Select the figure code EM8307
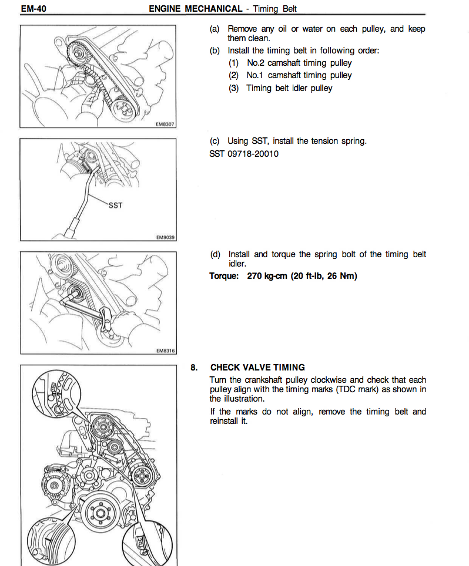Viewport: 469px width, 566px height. [166, 125]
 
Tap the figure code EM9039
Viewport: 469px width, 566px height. [166, 237]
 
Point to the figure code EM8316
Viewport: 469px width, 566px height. [166, 351]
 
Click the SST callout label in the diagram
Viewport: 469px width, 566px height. [115, 205]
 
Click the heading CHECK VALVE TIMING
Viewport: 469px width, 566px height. [257, 368]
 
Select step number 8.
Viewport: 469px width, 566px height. [193, 368]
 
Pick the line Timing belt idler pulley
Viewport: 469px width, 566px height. [289, 88]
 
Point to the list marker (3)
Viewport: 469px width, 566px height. [235, 88]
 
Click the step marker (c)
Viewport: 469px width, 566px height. [215, 141]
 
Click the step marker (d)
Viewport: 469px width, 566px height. [216, 254]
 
